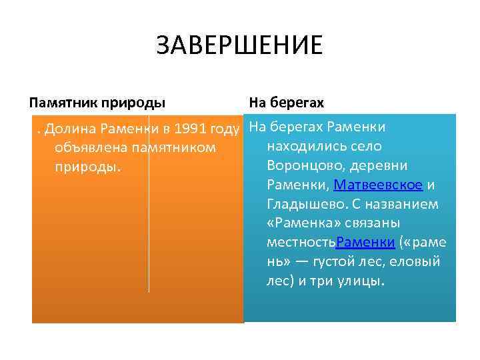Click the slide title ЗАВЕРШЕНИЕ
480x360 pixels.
[x=239, y=47]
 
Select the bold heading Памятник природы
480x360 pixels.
[x=97, y=103]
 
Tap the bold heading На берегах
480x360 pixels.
[x=286, y=103]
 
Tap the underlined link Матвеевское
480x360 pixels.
[x=378, y=185]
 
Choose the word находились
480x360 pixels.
[x=303, y=146]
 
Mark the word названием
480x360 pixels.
[x=403, y=204]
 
